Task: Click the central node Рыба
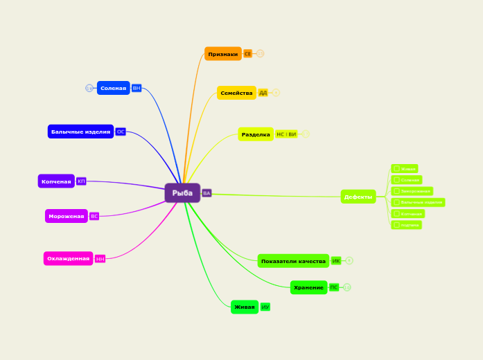182,193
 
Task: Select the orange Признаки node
222,54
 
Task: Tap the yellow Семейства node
236,93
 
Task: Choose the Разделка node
256,134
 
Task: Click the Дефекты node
358,197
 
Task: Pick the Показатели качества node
293,261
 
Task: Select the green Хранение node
308,287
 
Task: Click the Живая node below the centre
244,307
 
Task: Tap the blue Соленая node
113,88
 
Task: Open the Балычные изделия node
80,132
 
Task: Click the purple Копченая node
56,181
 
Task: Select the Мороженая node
66,216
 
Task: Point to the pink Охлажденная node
68,259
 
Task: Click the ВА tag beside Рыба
207,193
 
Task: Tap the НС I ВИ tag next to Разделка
286,134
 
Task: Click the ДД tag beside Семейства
263,93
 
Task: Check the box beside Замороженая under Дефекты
397,191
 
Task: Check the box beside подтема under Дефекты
397,225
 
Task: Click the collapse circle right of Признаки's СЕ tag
261,53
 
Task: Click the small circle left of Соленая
89,88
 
